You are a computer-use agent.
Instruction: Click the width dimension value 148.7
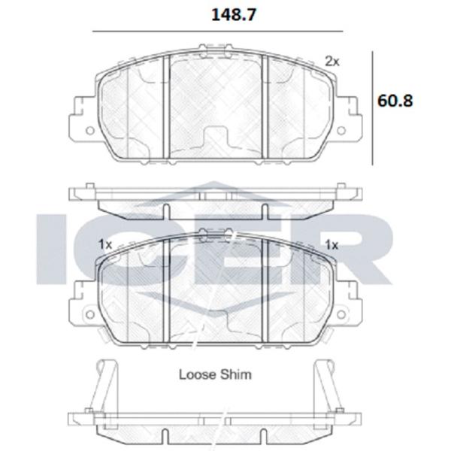(x=233, y=15)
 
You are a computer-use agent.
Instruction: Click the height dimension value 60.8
(x=395, y=101)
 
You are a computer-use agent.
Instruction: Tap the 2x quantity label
(x=332, y=62)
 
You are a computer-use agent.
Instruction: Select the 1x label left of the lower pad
(x=105, y=245)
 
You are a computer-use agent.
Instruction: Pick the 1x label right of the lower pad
(x=331, y=245)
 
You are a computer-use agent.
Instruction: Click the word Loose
(x=197, y=374)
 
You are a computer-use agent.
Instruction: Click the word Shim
(x=236, y=374)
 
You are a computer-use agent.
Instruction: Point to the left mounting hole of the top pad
(x=90, y=131)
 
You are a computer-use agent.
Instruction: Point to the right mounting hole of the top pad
(x=341, y=131)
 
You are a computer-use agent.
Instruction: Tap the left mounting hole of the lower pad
(x=90, y=314)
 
